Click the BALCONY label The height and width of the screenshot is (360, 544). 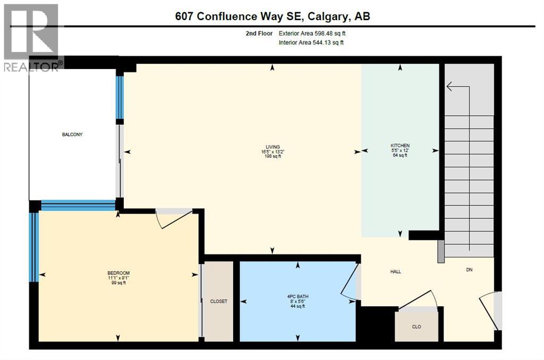pyautogui.click(x=72, y=134)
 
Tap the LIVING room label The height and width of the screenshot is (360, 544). pyautogui.click(x=273, y=147)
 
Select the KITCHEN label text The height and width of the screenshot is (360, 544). pyautogui.click(x=400, y=145)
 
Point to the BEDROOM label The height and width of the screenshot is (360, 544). pyautogui.click(x=118, y=273)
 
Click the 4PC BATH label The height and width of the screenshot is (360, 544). pyautogui.click(x=296, y=296)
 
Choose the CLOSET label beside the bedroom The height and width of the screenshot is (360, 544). pyautogui.click(x=218, y=301)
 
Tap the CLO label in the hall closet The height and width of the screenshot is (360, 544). pyautogui.click(x=416, y=327)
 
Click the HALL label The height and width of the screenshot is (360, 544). pyautogui.click(x=395, y=271)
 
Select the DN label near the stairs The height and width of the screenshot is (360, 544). pyautogui.click(x=469, y=270)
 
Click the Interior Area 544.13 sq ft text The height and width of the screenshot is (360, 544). pyautogui.click(x=311, y=42)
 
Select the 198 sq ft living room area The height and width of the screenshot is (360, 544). pyautogui.click(x=273, y=156)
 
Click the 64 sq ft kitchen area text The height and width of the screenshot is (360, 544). pyautogui.click(x=400, y=155)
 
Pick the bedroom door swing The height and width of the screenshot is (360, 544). pyautogui.click(x=174, y=218)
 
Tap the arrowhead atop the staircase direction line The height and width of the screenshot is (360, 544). pyautogui.click(x=449, y=86)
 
